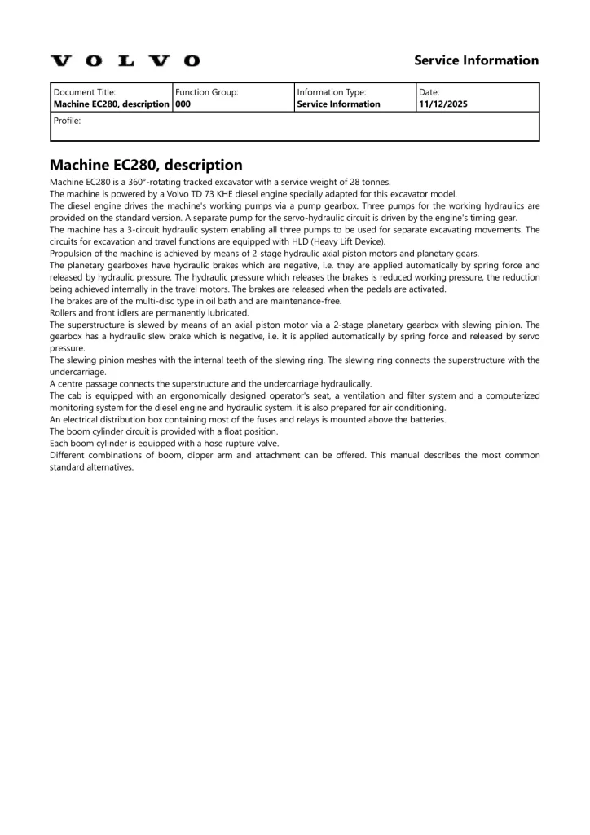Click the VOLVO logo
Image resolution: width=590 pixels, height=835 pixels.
click(x=125, y=60)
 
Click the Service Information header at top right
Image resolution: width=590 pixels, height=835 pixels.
click(x=476, y=60)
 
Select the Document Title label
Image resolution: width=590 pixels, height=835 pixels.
click(x=85, y=92)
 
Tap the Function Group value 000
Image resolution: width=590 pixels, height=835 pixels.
click(x=183, y=104)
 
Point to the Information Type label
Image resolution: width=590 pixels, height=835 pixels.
click(x=332, y=92)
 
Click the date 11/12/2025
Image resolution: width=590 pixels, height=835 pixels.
click(x=442, y=104)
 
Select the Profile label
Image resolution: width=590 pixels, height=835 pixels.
click(x=67, y=120)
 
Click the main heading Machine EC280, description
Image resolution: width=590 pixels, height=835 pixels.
click(x=146, y=165)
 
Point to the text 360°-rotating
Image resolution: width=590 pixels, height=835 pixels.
click(x=161, y=182)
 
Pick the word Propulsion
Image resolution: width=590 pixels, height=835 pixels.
click(x=73, y=254)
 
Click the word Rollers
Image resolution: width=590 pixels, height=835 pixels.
click(x=64, y=312)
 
